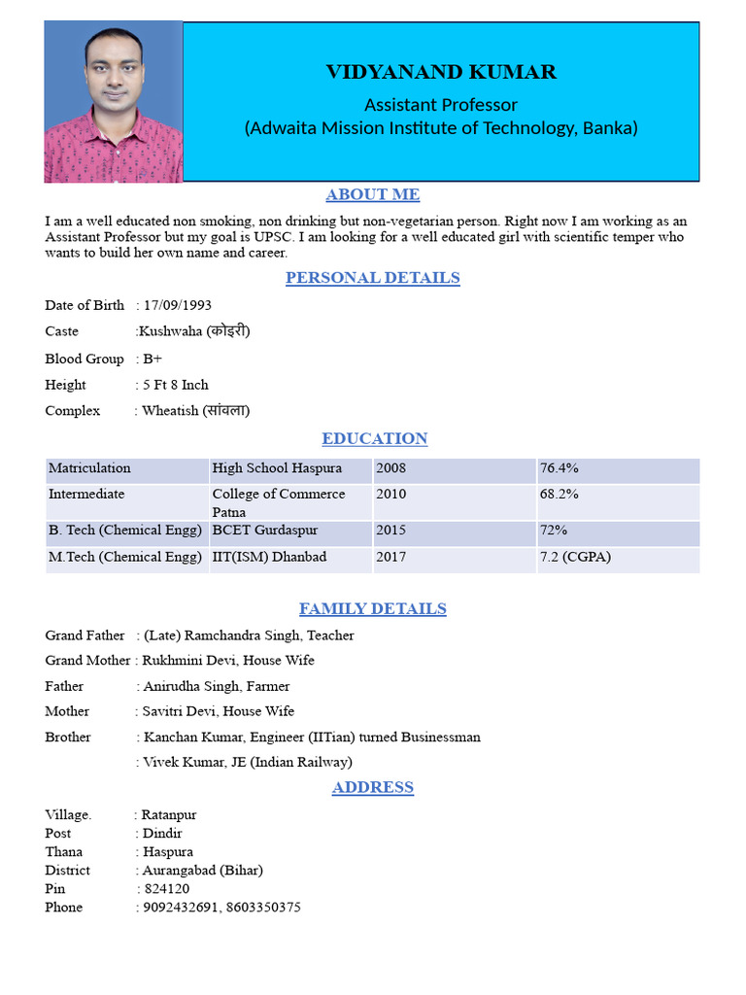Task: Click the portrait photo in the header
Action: [x=113, y=102]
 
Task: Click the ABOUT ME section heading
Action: [x=373, y=194]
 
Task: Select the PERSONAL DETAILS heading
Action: [x=373, y=278]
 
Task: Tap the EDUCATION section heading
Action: [x=374, y=438]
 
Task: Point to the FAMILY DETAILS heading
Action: [x=373, y=609]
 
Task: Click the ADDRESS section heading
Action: [x=373, y=787]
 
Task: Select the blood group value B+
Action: [x=153, y=359]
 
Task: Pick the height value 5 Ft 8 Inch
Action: [x=175, y=385]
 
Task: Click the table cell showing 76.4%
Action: [x=559, y=468]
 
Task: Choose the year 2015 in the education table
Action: [x=391, y=532]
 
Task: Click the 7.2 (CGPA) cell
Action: [x=575, y=558]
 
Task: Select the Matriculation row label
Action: [x=89, y=468]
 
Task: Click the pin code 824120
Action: [x=166, y=889]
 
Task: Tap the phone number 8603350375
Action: [x=263, y=908]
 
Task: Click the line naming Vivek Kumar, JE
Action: [x=248, y=763]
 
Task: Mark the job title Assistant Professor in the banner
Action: [x=441, y=104]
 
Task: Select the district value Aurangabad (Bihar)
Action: [x=202, y=871]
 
